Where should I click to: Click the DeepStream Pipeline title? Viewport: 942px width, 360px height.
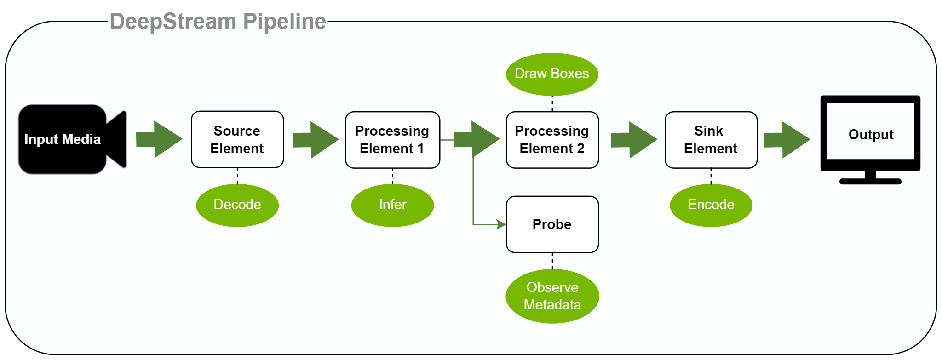pos(218,22)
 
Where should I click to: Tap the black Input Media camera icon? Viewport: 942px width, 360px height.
pos(72,139)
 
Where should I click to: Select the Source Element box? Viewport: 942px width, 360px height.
pos(237,139)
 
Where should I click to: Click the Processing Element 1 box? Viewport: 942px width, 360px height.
pos(392,140)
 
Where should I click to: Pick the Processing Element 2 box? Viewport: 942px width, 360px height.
pos(552,140)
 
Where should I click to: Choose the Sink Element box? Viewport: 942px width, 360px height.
pos(711,140)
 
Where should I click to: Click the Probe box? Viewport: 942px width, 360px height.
pos(552,224)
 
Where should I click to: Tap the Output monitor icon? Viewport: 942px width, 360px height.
pos(870,140)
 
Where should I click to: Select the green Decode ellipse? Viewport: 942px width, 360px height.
pos(237,205)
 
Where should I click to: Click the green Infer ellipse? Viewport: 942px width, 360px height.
pos(392,205)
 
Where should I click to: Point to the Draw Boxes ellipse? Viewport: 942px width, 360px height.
pos(552,74)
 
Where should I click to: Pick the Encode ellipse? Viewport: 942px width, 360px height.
pos(711,205)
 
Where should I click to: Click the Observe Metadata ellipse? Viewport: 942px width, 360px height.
pos(552,296)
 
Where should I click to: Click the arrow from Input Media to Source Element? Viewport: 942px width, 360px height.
pos(159,139)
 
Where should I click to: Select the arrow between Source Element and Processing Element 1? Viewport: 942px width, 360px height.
pos(316,140)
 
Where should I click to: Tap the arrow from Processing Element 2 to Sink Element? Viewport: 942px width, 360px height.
pos(634,140)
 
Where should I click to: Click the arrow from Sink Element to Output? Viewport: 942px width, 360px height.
pos(787,140)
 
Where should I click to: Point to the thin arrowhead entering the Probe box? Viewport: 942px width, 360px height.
pos(501,224)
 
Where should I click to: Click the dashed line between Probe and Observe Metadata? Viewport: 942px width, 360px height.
pos(552,261)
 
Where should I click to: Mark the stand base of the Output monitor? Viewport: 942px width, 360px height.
pos(870,181)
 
